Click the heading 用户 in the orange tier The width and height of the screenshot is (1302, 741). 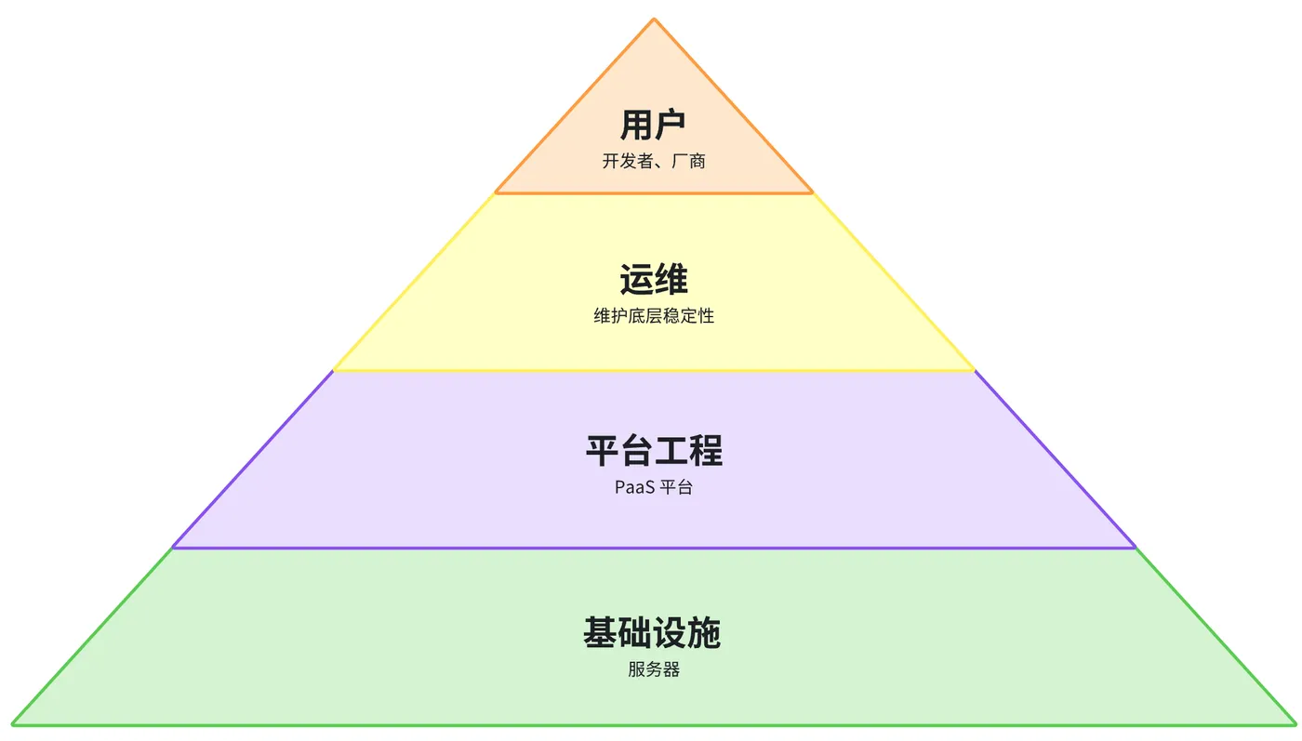pos(653,125)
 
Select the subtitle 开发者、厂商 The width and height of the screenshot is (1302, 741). pos(653,161)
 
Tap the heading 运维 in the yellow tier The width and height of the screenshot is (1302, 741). pos(653,280)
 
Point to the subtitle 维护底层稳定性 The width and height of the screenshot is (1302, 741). pos(653,315)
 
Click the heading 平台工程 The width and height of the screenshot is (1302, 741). pos(654,450)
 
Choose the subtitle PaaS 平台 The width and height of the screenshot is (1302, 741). pos(653,487)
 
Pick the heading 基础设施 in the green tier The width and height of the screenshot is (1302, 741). pos(652,632)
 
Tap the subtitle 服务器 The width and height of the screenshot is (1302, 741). pos(653,669)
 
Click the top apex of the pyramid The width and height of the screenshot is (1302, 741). pos(654,20)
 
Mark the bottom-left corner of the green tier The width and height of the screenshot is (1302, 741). pos(13,724)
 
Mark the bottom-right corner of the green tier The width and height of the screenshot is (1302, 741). pos(1295,724)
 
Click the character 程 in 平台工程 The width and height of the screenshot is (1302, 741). pos(706,450)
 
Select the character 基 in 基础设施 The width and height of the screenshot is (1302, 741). pos(600,632)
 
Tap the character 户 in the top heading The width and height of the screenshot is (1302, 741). pos(671,125)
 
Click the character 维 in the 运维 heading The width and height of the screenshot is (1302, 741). pos(671,280)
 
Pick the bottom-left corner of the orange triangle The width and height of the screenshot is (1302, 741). pos(495,192)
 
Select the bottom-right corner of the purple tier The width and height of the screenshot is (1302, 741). pos(1135,547)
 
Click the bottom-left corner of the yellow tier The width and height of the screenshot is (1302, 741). pos(334,370)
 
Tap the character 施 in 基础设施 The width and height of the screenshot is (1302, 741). pos(705,632)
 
